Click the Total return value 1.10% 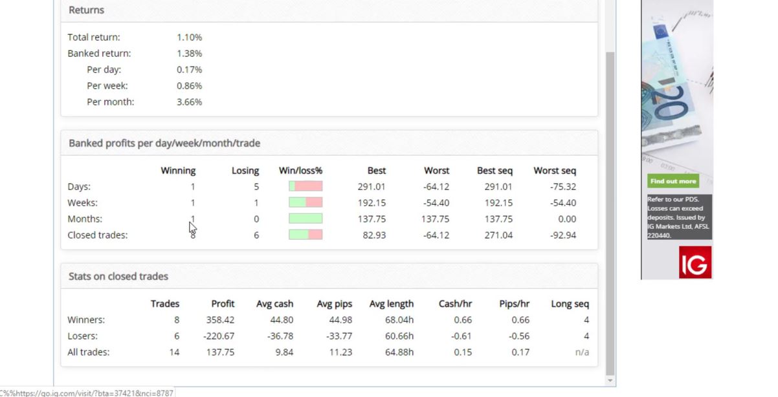[189, 38]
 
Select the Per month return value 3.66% [189, 102]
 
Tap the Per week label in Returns [107, 85]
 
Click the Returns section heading [86, 10]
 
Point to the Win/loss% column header [300, 171]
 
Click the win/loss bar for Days [306, 186]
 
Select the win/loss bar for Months [306, 219]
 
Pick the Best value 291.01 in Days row [372, 187]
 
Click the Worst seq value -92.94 [562, 235]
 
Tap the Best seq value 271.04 [498, 235]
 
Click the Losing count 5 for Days [256, 187]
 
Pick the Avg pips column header [334, 304]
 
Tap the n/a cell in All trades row [581, 352]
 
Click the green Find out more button [673, 182]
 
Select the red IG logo [695, 263]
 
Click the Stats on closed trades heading [118, 276]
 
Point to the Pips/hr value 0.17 [520, 352]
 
